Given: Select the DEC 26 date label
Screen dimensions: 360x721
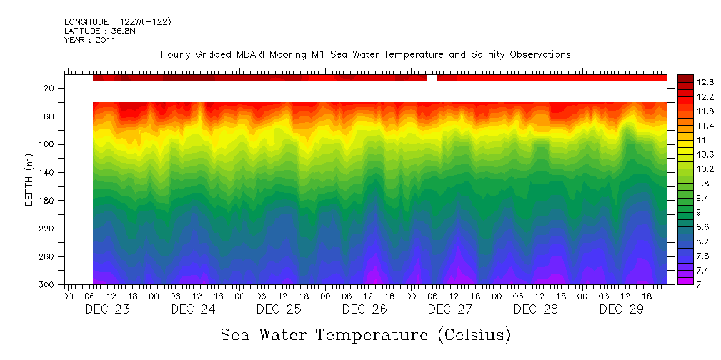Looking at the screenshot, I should coord(364,309).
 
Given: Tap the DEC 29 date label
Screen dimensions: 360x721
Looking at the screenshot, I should coord(622,309).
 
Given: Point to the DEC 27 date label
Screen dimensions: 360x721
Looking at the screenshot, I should coord(450,309).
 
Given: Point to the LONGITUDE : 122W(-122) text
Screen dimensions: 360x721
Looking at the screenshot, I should coord(118,22).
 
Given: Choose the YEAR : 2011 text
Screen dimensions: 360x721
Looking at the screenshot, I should coord(90,41).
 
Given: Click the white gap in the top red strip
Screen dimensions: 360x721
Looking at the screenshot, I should coord(432,78).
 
